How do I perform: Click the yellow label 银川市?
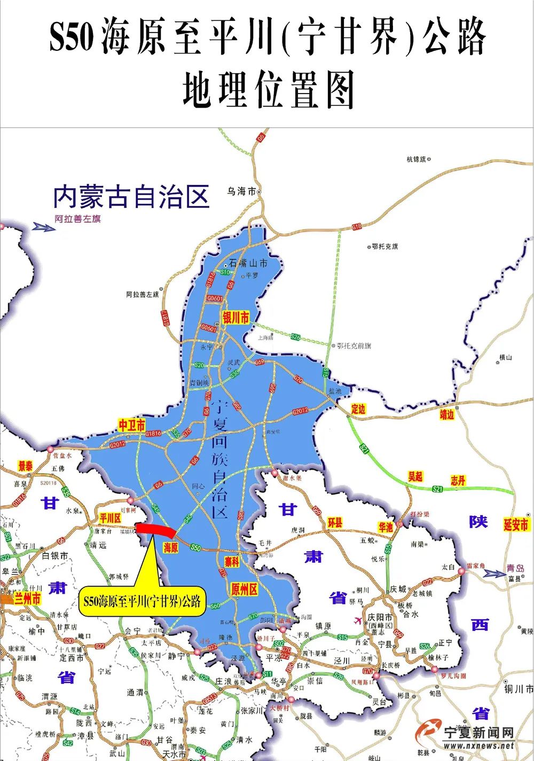(x=235, y=318)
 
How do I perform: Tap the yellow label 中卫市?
(x=132, y=425)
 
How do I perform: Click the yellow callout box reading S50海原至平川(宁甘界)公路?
(x=143, y=601)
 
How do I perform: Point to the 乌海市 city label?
(x=242, y=191)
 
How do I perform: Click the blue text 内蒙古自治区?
(x=131, y=196)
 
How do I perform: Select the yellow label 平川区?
(x=111, y=518)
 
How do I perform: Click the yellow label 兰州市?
(x=28, y=598)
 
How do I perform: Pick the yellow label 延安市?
(x=516, y=525)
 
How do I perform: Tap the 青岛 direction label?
(x=516, y=569)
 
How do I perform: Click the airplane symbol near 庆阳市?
(x=357, y=619)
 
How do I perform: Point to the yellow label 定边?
(x=358, y=409)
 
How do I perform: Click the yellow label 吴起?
(x=415, y=476)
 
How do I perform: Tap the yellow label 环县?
(x=335, y=522)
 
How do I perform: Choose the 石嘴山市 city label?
(x=248, y=263)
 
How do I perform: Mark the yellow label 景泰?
(x=26, y=466)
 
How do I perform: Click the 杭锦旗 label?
(x=417, y=159)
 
